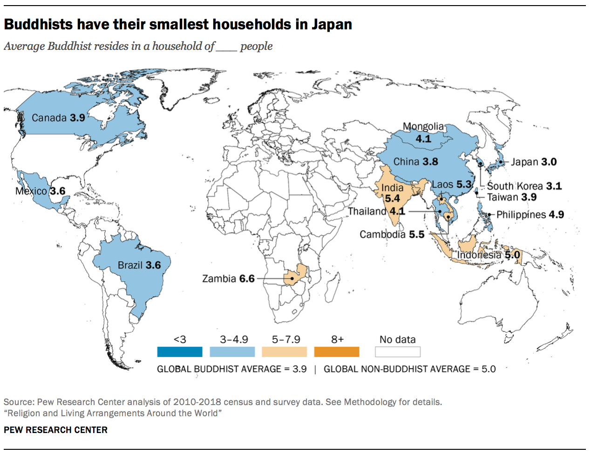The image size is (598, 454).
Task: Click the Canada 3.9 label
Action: pyautogui.click(x=58, y=118)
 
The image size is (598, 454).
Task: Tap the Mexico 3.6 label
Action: pyautogui.click(x=40, y=191)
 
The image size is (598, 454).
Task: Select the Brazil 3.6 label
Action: pyautogui.click(x=139, y=265)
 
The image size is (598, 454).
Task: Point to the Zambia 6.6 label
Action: pyautogui.click(x=228, y=279)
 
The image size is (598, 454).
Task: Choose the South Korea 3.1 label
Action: pyautogui.click(x=524, y=186)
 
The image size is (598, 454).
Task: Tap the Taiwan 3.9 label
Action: pyautogui.click(x=511, y=197)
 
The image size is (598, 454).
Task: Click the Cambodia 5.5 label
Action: pyautogui.click(x=392, y=234)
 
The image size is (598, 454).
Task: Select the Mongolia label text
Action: pyautogui.click(x=423, y=127)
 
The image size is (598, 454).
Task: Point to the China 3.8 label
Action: pyautogui.click(x=415, y=162)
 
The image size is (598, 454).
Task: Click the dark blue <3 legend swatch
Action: pyautogui.click(x=180, y=352)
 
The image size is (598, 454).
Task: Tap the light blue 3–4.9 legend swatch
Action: pyautogui.click(x=232, y=352)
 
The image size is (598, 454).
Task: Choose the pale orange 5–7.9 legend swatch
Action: pyautogui.click(x=285, y=352)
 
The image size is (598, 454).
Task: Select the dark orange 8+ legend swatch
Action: pyautogui.click(x=337, y=352)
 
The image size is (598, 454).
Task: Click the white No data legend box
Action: pyautogui.click(x=397, y=352)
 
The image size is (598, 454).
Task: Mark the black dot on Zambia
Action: pyautogui.click(x=292, y=279)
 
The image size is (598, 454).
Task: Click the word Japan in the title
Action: pyautogui.click(x=332, y=24)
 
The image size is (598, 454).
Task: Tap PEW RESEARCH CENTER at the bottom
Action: pyautogui.click(x=55, y=430)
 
